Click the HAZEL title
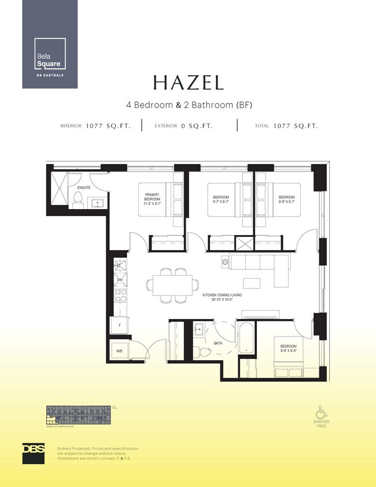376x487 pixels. click(188, 83)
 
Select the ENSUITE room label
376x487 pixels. click(83, 188)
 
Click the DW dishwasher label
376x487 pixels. click(120, 280)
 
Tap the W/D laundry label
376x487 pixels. click(120, 350)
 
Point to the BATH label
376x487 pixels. click(218, 343)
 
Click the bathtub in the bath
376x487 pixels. click(246, 339)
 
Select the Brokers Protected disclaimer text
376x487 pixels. click(97, 453)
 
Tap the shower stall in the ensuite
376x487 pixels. click(59, 188)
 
